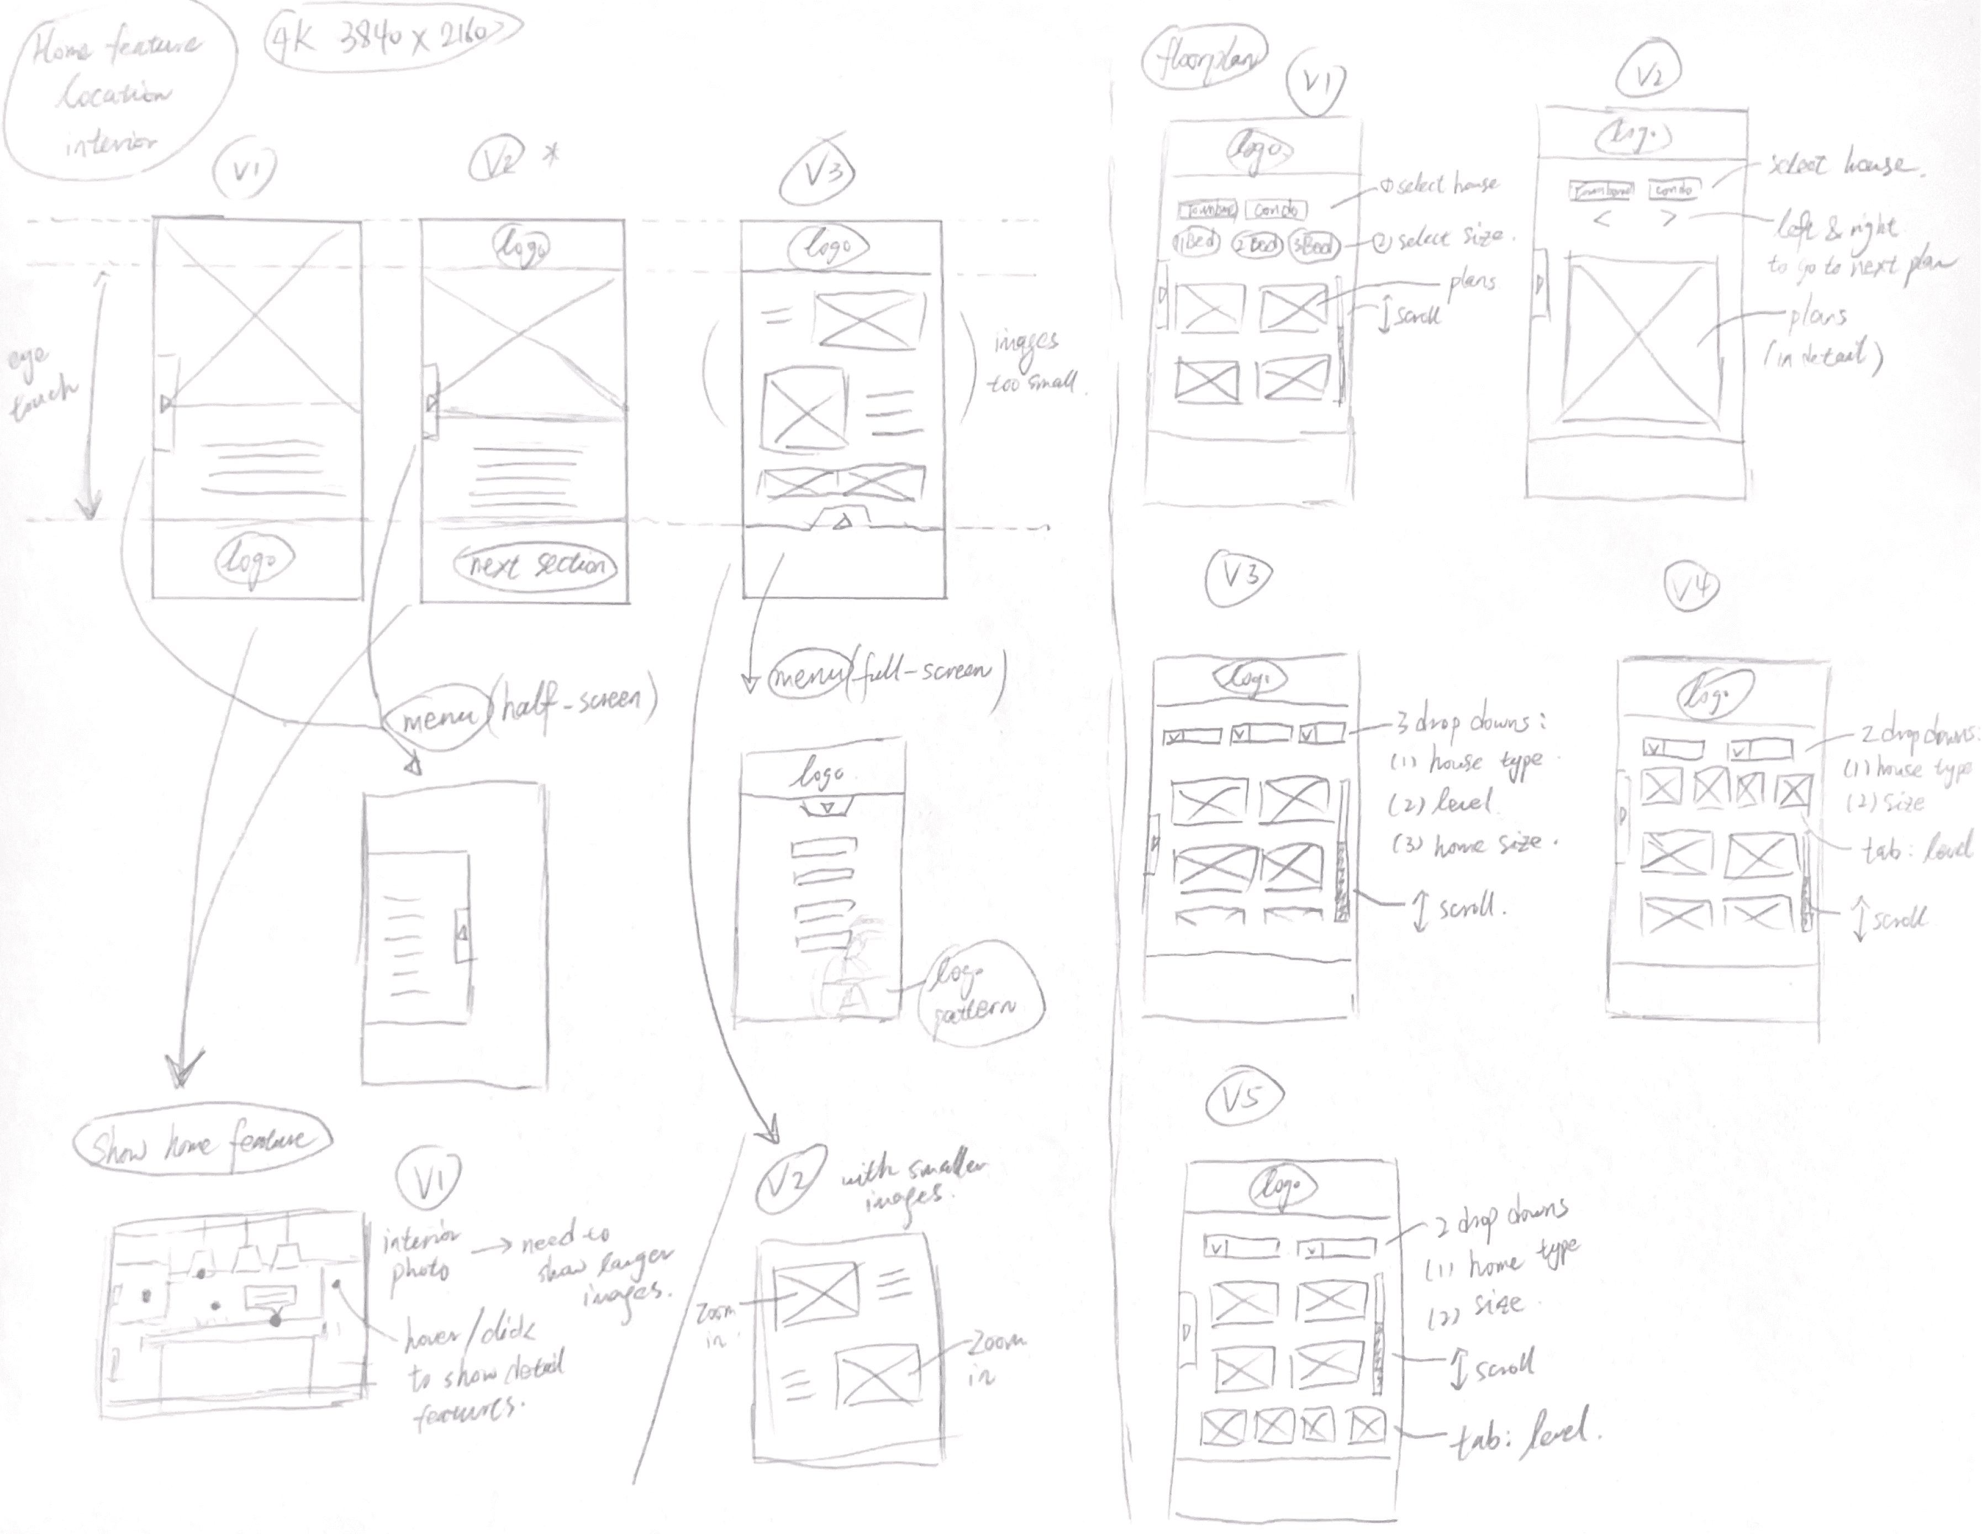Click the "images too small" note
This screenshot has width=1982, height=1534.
click(x=1033, y=363)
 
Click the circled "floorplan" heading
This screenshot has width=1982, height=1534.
click(x=1204, y=62)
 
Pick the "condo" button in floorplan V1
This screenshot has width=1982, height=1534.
click(x=1276, y=209)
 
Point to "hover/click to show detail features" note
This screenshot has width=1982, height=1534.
click(x=481, y=1370)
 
